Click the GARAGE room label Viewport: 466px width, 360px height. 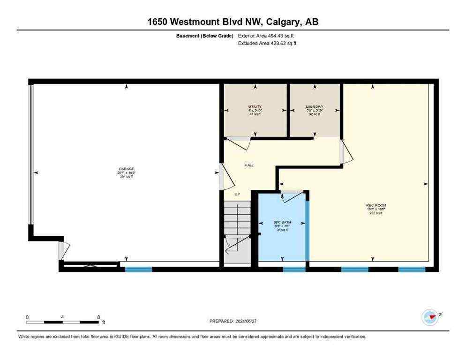click(127, 169)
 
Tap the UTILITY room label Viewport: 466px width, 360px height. click(255, 106)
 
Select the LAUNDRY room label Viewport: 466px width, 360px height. click(314, 106)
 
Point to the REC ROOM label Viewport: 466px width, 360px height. click(376, 205)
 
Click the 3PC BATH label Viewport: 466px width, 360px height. click(282, 222)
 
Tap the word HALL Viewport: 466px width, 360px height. click(249, 165)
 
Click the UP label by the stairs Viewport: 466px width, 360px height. click(237, 194)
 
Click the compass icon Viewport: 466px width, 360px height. click(430, 317)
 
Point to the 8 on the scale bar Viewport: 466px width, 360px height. click(98, 317)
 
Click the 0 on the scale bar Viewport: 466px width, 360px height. click(27, 317)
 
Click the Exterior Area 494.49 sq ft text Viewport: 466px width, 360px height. click(266, 36)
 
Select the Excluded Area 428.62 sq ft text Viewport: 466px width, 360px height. click(267, 43)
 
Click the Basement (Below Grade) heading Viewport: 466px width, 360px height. click(204, 36)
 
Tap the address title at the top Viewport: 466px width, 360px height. click(233, 22)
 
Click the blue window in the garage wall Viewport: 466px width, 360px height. click(138, 269)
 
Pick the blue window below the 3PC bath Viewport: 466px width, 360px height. click(294, 269)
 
